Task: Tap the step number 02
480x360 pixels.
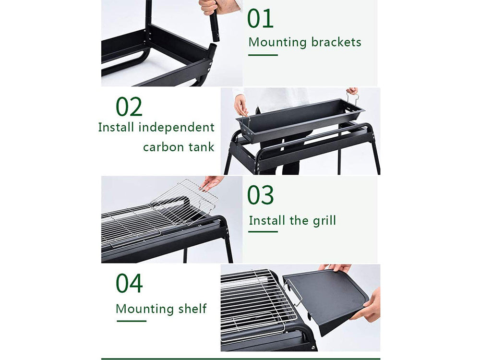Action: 129,107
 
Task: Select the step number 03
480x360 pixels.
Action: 260,195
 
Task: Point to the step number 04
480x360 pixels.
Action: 129,283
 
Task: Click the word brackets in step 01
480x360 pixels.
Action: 336,43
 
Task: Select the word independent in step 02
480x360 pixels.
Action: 176,127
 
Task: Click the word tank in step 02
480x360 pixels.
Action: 201,147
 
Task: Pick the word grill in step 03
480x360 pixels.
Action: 324,221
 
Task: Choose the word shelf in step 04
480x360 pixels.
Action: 192,308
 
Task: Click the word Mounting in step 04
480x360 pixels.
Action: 144,309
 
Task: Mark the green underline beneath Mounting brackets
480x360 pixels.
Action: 263,55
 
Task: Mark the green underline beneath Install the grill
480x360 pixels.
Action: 263,232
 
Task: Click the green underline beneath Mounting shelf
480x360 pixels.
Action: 132,321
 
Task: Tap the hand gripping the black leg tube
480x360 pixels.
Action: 212,7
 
